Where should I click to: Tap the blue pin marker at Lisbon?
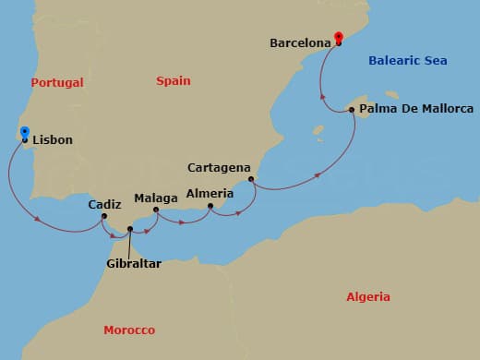click(24, 134)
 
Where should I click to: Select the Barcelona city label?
click(302, 42)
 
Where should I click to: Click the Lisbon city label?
click(52, 141)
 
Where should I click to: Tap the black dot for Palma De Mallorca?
click(353, 110)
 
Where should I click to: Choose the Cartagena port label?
click(220, 168)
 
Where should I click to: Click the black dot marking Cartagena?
click(251, 179)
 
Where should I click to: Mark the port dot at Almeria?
click(211, 207)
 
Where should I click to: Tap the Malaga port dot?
click(155, 210)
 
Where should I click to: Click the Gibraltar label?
click(133, 264)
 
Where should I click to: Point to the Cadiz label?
click(105, 205)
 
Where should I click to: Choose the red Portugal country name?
click(57, 83)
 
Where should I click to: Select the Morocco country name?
click(129, 330)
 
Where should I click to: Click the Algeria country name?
click(368, 297)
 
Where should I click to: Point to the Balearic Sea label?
click(407, 61)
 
